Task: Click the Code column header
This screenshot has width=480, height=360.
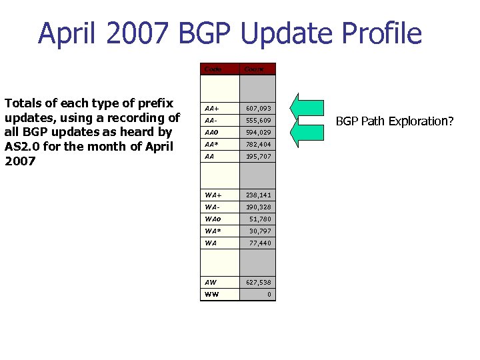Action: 213,69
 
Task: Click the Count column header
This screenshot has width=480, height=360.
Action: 254,69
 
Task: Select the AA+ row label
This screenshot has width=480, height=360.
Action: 213,108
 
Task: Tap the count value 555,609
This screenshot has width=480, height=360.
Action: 258,120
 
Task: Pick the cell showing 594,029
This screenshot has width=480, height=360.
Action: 258,132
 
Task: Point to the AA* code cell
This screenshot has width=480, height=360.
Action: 213,144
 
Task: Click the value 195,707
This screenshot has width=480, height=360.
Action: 258,156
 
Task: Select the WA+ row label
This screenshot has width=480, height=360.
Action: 214,195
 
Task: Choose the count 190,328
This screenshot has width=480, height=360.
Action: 258,207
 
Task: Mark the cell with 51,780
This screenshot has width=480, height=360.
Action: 260,219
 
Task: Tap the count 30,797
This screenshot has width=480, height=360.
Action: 260,231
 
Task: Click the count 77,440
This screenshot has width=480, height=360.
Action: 260,243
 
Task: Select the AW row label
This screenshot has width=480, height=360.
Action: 211,282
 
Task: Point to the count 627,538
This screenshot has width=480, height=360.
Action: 258,282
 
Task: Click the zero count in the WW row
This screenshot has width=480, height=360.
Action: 269,294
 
